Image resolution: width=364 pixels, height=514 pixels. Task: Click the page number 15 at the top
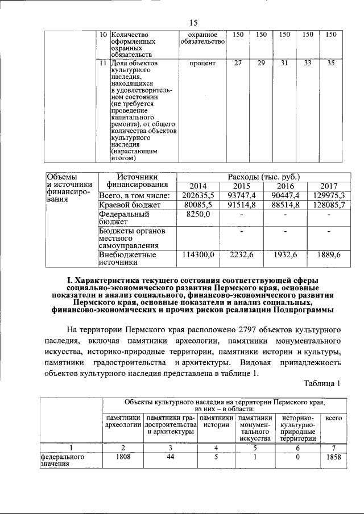point(193,23)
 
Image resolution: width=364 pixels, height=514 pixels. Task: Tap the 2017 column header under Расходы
point(329,186)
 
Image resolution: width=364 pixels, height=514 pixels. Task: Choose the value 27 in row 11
point(238,63)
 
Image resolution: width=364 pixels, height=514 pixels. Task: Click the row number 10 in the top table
point(104,35)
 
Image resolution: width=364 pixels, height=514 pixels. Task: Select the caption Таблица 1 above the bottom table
point(322,384)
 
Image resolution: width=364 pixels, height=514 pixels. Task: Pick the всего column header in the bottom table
point(333,418)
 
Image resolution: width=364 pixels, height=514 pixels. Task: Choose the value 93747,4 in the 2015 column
point(241,195)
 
